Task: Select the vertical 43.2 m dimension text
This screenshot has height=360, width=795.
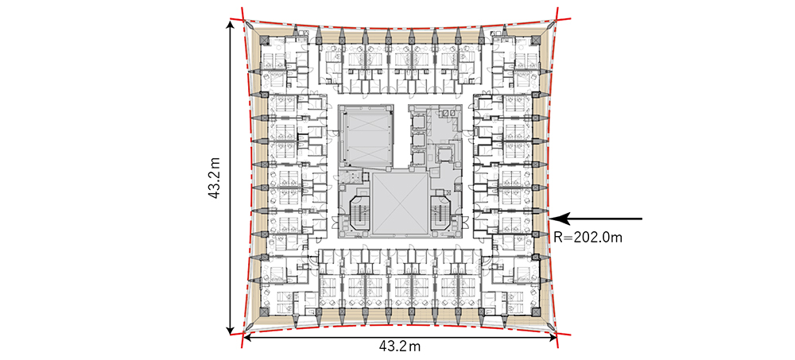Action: [215, 178]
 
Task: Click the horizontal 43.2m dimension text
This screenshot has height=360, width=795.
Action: [400, 346]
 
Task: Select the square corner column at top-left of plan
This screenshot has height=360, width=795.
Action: [265, 41]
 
